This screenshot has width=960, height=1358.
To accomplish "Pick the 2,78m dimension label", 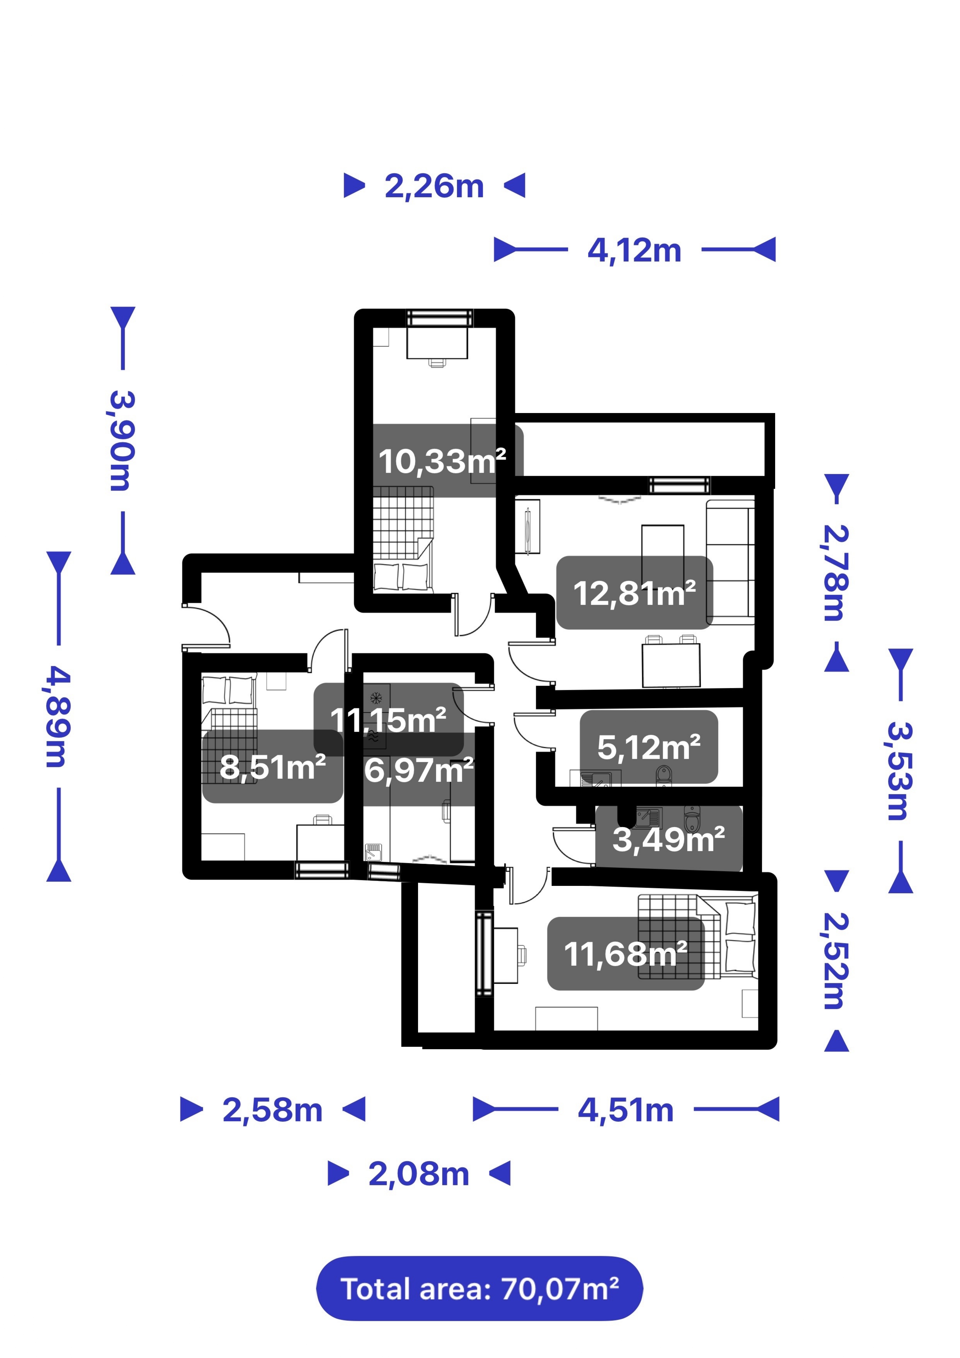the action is point(836,572).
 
